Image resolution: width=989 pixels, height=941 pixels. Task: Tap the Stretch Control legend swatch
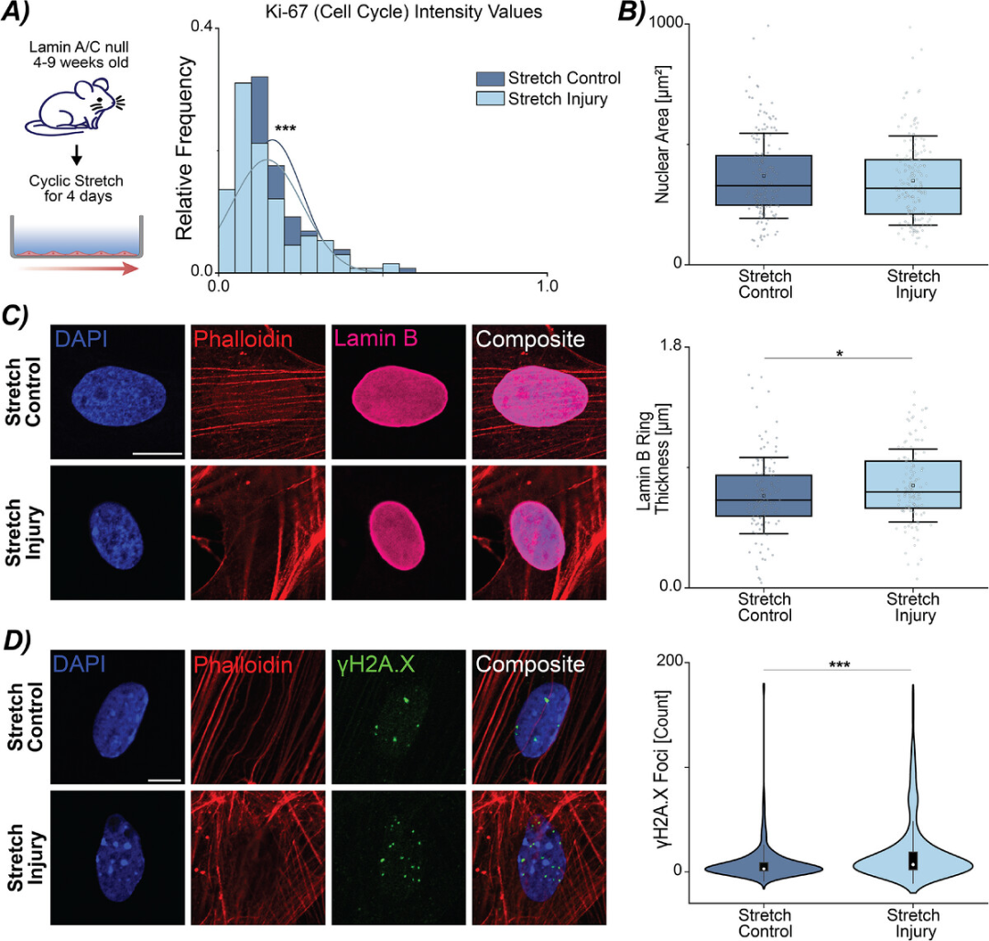(490, 78)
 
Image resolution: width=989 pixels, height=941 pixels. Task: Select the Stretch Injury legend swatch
(490, 99)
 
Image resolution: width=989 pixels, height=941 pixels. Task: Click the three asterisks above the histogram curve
(286, 130)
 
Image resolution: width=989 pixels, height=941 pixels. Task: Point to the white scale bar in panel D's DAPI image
(164, 780)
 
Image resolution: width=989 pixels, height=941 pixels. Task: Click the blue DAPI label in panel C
(81, 340)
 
